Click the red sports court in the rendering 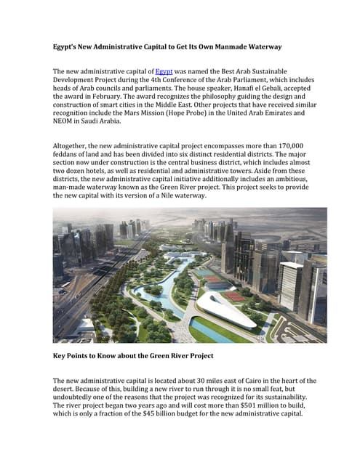click(233, 296)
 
